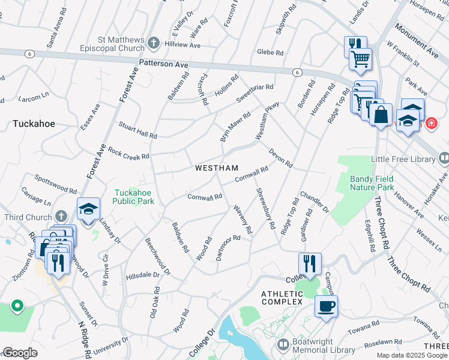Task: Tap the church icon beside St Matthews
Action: click(x=154, y=43)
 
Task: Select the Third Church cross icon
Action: click(x=61, y=216)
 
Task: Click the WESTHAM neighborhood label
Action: click(x=217, y=168)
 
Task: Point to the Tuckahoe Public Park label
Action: click(x=135, y=197)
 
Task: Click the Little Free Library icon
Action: click(x=444, y=158)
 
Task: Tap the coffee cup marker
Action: click(x=326, y=307)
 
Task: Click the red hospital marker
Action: click(x=431, y=124)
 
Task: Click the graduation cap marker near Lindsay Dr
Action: click(x=88, y=209)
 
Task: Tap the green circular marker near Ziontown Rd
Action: click(x=17, y=306)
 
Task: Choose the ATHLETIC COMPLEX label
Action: click(x=282, y=297)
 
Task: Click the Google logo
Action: click(x=20, y=353)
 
